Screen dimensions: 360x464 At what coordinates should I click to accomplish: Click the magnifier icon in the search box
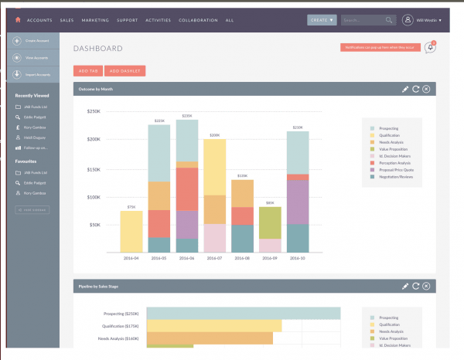(387, 19)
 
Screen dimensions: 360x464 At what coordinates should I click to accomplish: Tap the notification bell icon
(430, 48)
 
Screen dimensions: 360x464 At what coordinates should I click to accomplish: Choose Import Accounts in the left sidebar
(32, 74)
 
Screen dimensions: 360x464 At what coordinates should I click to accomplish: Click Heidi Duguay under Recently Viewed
(34, 137)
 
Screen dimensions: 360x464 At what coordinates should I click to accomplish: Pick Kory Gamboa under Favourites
(34, 192)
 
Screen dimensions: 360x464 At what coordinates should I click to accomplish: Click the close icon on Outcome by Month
(426, 90)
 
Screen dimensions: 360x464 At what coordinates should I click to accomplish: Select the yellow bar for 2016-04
(131, 231)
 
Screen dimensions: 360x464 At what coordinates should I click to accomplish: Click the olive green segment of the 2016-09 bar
(269, 222)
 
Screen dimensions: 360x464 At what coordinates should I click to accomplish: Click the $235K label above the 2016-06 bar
(186, 116)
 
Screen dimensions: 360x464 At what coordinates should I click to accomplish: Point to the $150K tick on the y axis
(93, 169)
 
